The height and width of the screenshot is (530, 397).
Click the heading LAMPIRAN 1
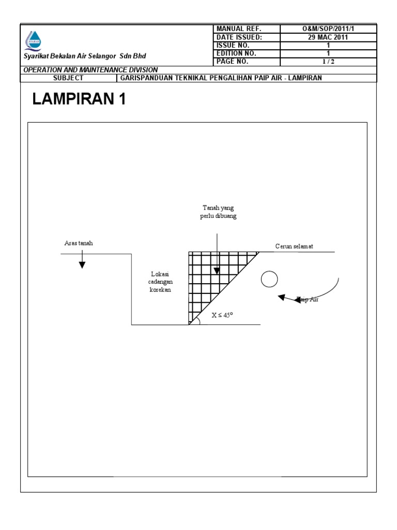(x=79, y=99)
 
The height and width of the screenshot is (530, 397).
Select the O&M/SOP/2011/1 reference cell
(x=328, y=28)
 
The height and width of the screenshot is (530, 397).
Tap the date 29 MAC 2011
(x=328, y=37)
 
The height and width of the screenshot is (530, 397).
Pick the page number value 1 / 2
(x=328, y=62)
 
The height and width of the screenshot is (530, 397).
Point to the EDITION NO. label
(x=237, y=53)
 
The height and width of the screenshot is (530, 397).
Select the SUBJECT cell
(x=68, y=78)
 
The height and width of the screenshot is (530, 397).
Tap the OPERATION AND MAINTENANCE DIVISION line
(x=91, y=69)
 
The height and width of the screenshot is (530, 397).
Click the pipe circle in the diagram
(x=269, y=279)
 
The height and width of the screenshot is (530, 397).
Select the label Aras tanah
(x=79, y=243)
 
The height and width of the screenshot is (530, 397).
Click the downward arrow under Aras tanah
(x=82, y=264)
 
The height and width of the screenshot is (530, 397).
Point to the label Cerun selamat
(x=294, y=246)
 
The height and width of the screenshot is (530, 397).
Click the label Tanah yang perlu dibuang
(x=218, y=212)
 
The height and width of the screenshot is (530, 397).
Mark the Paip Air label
(x=307, y=299)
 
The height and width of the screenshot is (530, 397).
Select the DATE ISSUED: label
(x=239, y=37)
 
